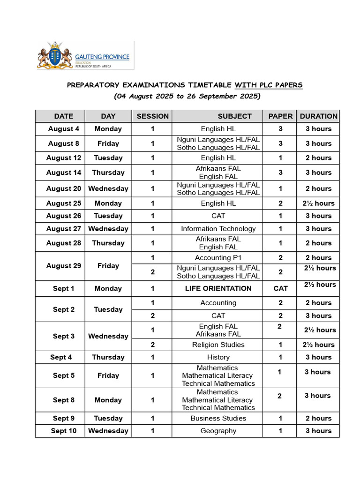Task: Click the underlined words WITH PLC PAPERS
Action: point(269,85)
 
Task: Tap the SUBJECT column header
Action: point(234,116)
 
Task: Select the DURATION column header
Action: point(318,116)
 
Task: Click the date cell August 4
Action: point(64,129)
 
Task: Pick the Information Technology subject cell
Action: point(218,229)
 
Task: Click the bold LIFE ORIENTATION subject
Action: point(218,288)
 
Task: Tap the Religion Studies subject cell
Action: point(218,345)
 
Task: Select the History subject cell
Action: point(218,357)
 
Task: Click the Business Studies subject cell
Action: point(218,418)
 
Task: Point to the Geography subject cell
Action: point(218,431)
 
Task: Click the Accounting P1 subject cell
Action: point(218,258)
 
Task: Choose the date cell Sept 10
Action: point(64,431)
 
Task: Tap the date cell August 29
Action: point(64,266)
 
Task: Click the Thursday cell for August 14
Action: point(108,172)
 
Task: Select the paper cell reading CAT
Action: point(280,288)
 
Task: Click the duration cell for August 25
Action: point(318,203)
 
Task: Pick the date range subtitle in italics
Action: point(187,97)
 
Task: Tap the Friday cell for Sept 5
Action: point(108,375)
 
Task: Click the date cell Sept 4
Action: point(61,357)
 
